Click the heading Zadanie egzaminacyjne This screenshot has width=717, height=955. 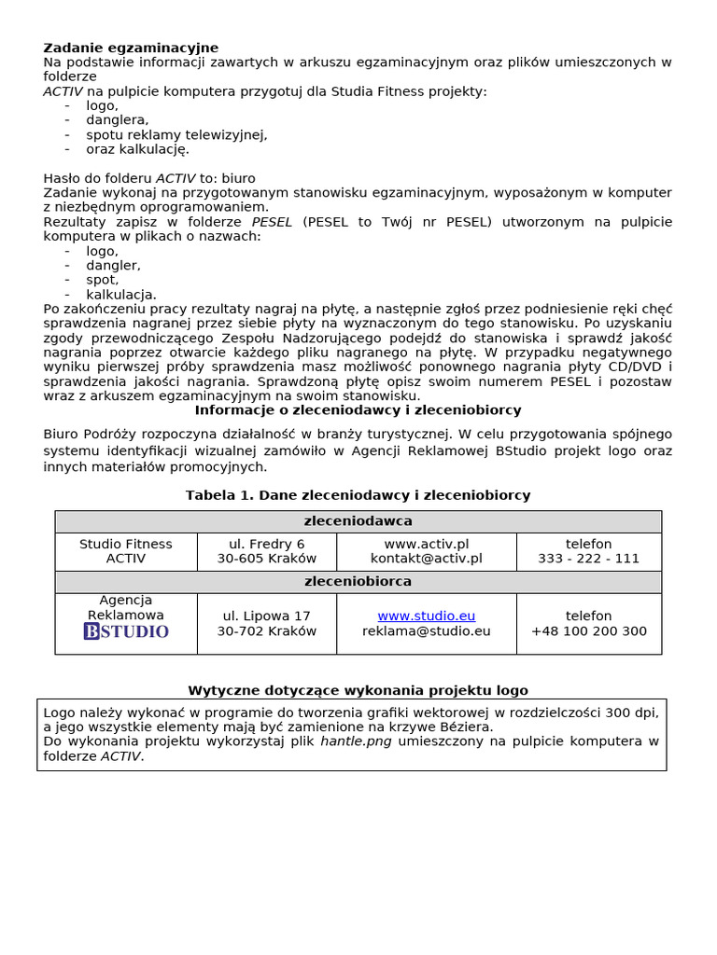click(131, 48)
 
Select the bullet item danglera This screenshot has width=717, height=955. click(117, 120)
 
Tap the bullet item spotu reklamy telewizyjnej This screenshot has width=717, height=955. click(176, 134)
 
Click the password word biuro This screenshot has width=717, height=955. click(238, 178)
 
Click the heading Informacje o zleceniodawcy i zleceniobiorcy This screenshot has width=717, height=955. click(358, 410)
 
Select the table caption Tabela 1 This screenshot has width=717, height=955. click(358, 495)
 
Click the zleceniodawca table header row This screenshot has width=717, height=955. click(358, 521)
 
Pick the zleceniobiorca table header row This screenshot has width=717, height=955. click(358, 582)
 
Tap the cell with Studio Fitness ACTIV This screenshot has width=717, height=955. click(126, 551)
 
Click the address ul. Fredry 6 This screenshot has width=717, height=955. click(267, 544)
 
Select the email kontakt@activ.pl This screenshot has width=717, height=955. click(426, 559)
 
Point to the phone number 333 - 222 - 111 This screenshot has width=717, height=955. click(588, 559)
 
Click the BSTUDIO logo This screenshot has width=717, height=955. click(126, 631)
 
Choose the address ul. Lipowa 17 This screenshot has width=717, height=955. click(267, 616)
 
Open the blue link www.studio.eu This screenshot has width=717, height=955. click(426, 616)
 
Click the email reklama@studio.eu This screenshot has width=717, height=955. click(426, 631)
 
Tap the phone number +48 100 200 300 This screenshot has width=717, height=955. click(588, 631)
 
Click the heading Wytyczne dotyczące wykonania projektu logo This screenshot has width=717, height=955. click(358, 691)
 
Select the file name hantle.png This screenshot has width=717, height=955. click(356, 741)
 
